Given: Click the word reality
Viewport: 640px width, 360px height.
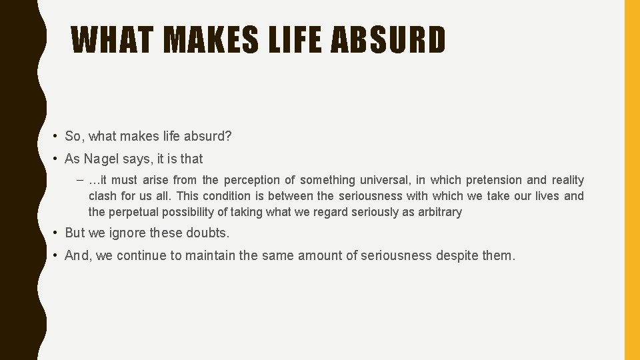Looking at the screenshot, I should tap(567, 180).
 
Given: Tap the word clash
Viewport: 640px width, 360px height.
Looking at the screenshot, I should tap(103, 196).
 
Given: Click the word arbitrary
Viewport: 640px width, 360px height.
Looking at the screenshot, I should tap(438, 212).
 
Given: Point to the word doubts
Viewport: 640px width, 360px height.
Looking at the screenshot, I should tap(207, 233).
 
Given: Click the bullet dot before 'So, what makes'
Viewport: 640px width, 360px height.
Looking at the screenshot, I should tap(56, 137).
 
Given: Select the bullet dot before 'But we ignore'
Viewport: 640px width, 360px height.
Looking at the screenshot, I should tap(56, 233).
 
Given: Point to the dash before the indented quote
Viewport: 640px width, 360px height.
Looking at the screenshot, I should tap(80, 180).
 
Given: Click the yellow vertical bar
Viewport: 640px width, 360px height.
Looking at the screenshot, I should tap(631, 180).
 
